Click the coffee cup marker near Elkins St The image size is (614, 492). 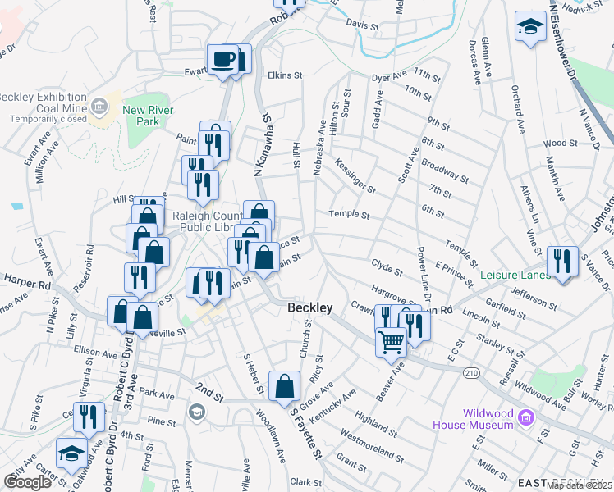tap(223, 59)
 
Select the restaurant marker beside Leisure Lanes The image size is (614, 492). tap(562, 261)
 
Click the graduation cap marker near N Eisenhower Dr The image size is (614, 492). tap(531, 27)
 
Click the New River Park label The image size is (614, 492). tap(140, 116)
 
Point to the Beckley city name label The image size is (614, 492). tap(310, 307)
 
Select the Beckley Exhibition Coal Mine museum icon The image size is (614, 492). tap(99, 105)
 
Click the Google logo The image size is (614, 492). tap(27, 482)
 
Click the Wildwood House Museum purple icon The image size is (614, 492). tap(526, 419)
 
